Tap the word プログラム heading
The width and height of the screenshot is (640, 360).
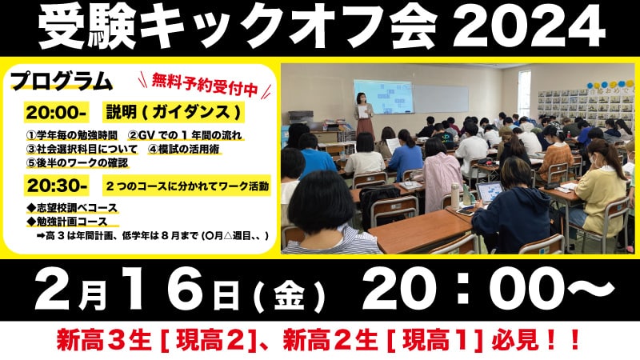pos(62,82)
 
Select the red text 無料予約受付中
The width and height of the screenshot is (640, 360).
pos(205,85)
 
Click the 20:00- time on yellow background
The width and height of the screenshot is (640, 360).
pos(56,113)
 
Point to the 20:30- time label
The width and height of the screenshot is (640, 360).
pos(57,186)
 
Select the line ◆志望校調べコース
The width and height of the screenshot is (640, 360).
pos(72,208)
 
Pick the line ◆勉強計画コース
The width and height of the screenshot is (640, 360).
pos(67,222)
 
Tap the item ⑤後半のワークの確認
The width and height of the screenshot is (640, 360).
pos(77,162)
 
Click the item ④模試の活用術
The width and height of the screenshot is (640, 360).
pos(185,149)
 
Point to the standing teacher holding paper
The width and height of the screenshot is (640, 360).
pos(363,115)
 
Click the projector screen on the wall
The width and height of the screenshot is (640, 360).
pos(383,96)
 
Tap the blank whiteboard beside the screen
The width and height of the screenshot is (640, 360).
pos(441,99)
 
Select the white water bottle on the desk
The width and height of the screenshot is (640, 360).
pos(454,196)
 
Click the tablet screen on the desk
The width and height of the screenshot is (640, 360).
pos(490,191)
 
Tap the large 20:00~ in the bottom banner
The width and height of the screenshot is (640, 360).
pos(488,290)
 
